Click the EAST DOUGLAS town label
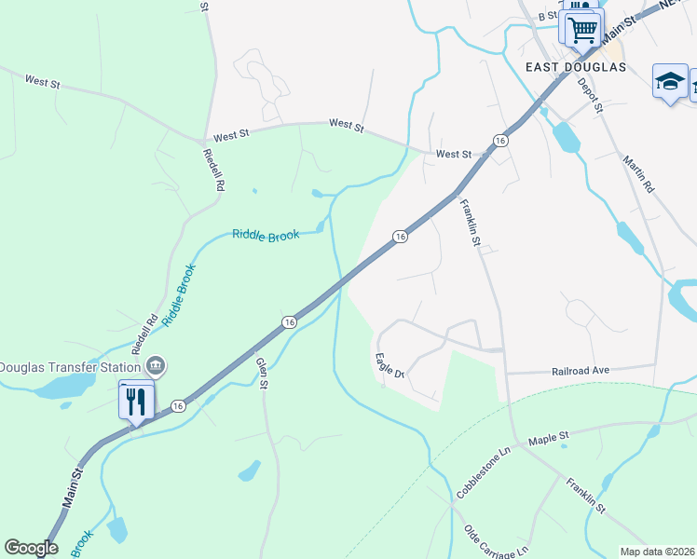(574, 67)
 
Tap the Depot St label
(591, 96)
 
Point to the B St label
(547, 16)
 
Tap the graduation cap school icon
(670, 81)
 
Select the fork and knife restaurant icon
(137, 402)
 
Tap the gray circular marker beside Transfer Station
(157, 364)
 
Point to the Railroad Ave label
(580, 370)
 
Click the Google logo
(31, 548)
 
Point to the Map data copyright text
(658, 552)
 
